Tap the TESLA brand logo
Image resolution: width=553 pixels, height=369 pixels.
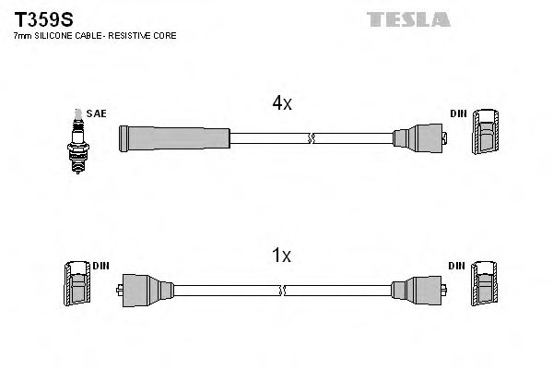(407, 18)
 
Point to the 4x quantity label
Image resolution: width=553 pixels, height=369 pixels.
(281, 104)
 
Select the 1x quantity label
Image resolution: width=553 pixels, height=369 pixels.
(281, 256)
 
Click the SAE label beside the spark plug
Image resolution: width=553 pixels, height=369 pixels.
(98, 113)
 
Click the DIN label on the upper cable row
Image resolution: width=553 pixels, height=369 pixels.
(458, 113)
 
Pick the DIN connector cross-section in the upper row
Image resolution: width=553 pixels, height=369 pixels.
(487, 133)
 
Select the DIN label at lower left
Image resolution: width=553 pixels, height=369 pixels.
(100, 266)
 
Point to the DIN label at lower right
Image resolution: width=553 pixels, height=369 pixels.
(457, 266)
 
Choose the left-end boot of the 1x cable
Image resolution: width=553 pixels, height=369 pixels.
(145, 291)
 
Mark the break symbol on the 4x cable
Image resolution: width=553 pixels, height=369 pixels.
(311, 139)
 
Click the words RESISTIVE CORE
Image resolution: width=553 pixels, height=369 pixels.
(147, 35)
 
